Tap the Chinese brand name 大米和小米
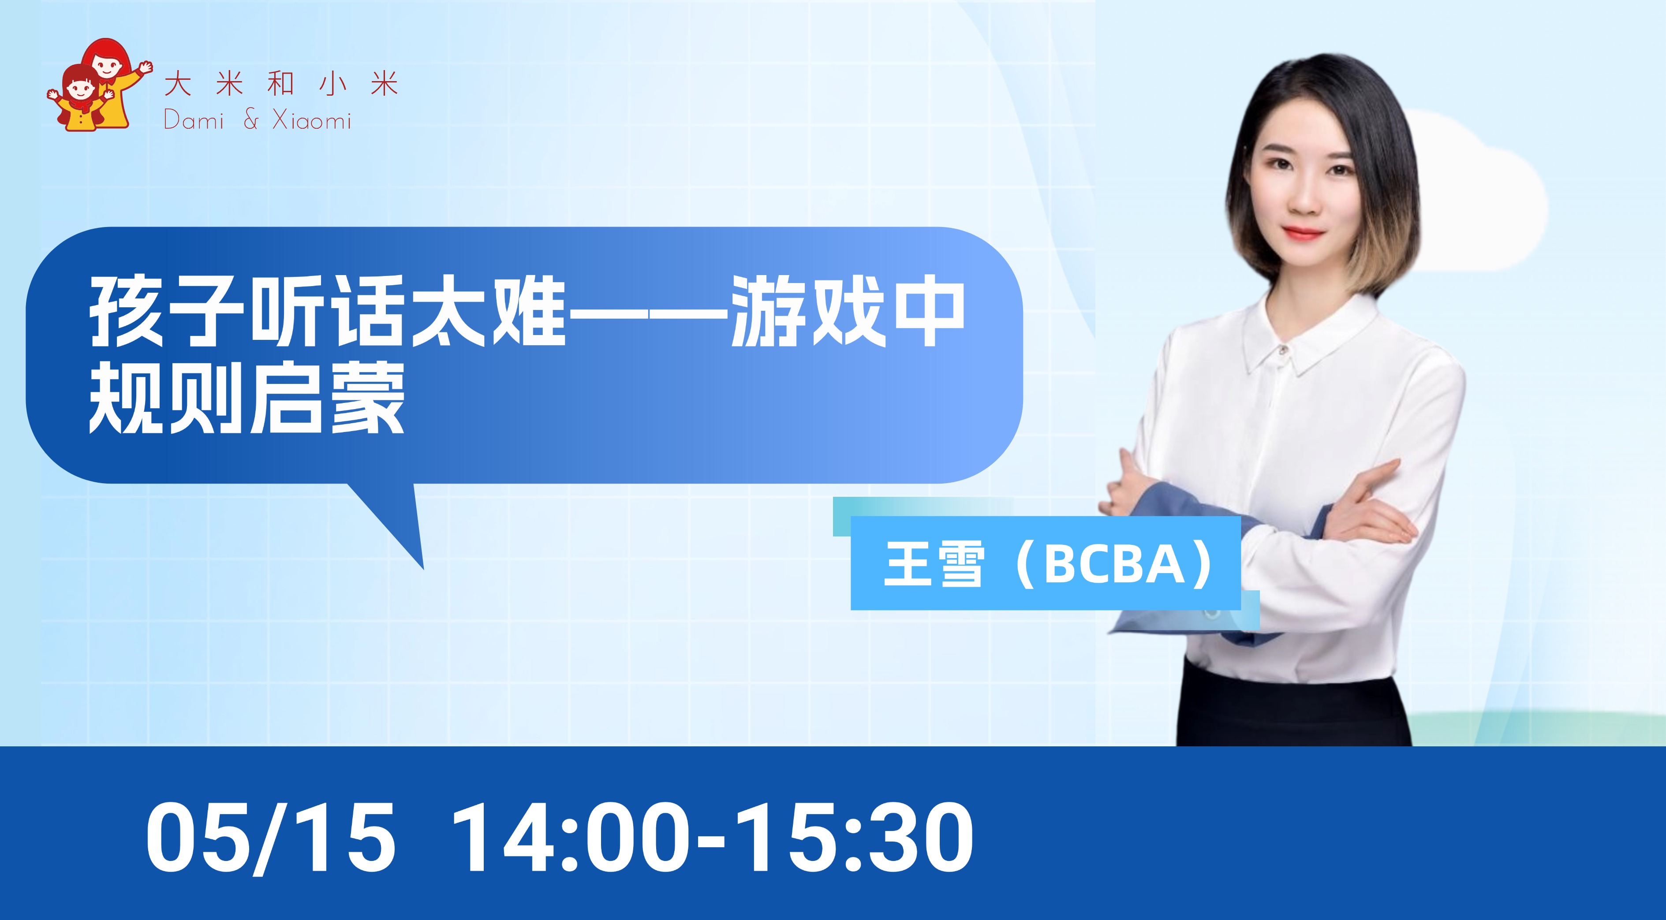281,85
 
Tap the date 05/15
270,837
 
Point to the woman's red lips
1301,232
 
